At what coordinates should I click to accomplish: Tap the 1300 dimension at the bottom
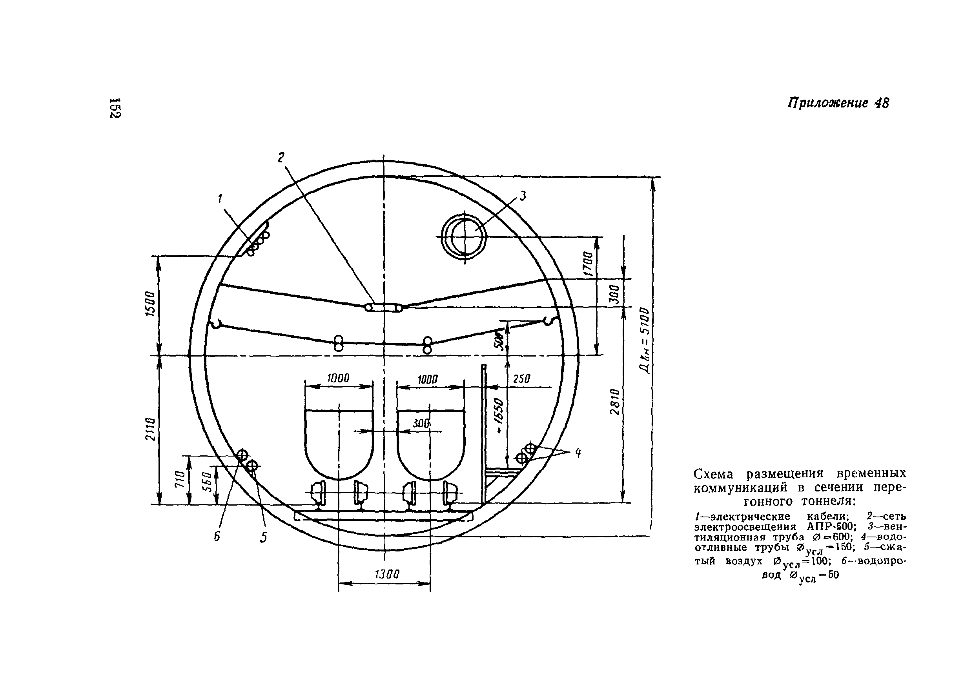387,574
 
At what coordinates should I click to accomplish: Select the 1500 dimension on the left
150,303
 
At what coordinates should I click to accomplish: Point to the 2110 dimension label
150,428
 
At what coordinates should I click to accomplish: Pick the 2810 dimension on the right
615,401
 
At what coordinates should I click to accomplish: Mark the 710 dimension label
180,479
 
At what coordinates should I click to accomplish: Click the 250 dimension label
522,378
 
